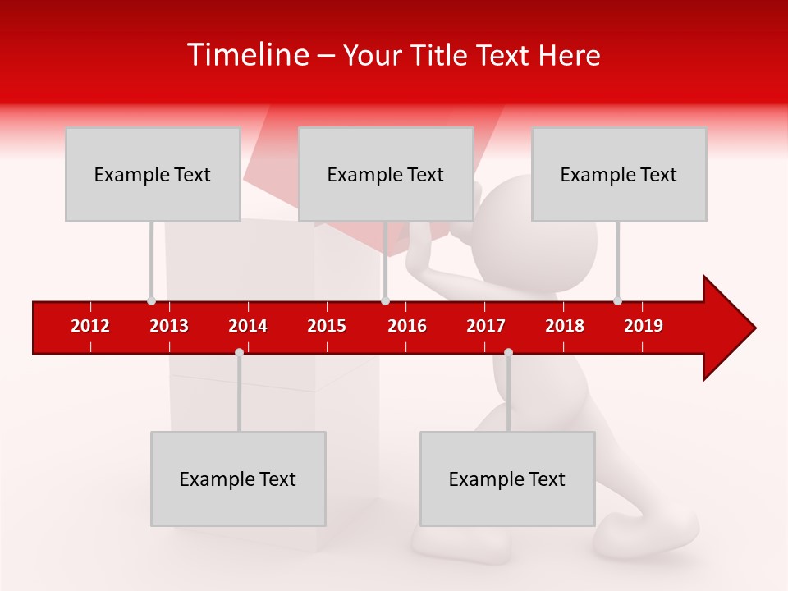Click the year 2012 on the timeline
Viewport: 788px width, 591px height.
point(90,326)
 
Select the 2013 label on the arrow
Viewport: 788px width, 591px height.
point(169,326)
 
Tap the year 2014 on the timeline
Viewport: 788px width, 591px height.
point(248,326)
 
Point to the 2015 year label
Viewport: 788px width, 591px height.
point(327,326)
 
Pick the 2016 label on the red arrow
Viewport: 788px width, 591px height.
point(407,326)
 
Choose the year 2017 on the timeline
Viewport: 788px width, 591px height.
point(486,326)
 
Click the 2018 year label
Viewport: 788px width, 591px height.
point(565,326)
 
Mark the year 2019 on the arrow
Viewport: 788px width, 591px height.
point(644,326)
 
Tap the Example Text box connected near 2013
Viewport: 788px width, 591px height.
point(153,174)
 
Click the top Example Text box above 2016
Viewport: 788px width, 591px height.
point(386,174)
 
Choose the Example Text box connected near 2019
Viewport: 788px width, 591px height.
point(619,174)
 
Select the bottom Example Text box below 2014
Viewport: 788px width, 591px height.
point(238,479)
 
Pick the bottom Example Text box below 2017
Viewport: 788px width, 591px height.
point(507,479)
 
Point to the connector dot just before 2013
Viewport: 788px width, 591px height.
point(151,300)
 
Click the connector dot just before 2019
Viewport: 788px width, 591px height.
point(617,300)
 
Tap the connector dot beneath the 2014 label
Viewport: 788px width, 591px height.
point(239,352)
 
